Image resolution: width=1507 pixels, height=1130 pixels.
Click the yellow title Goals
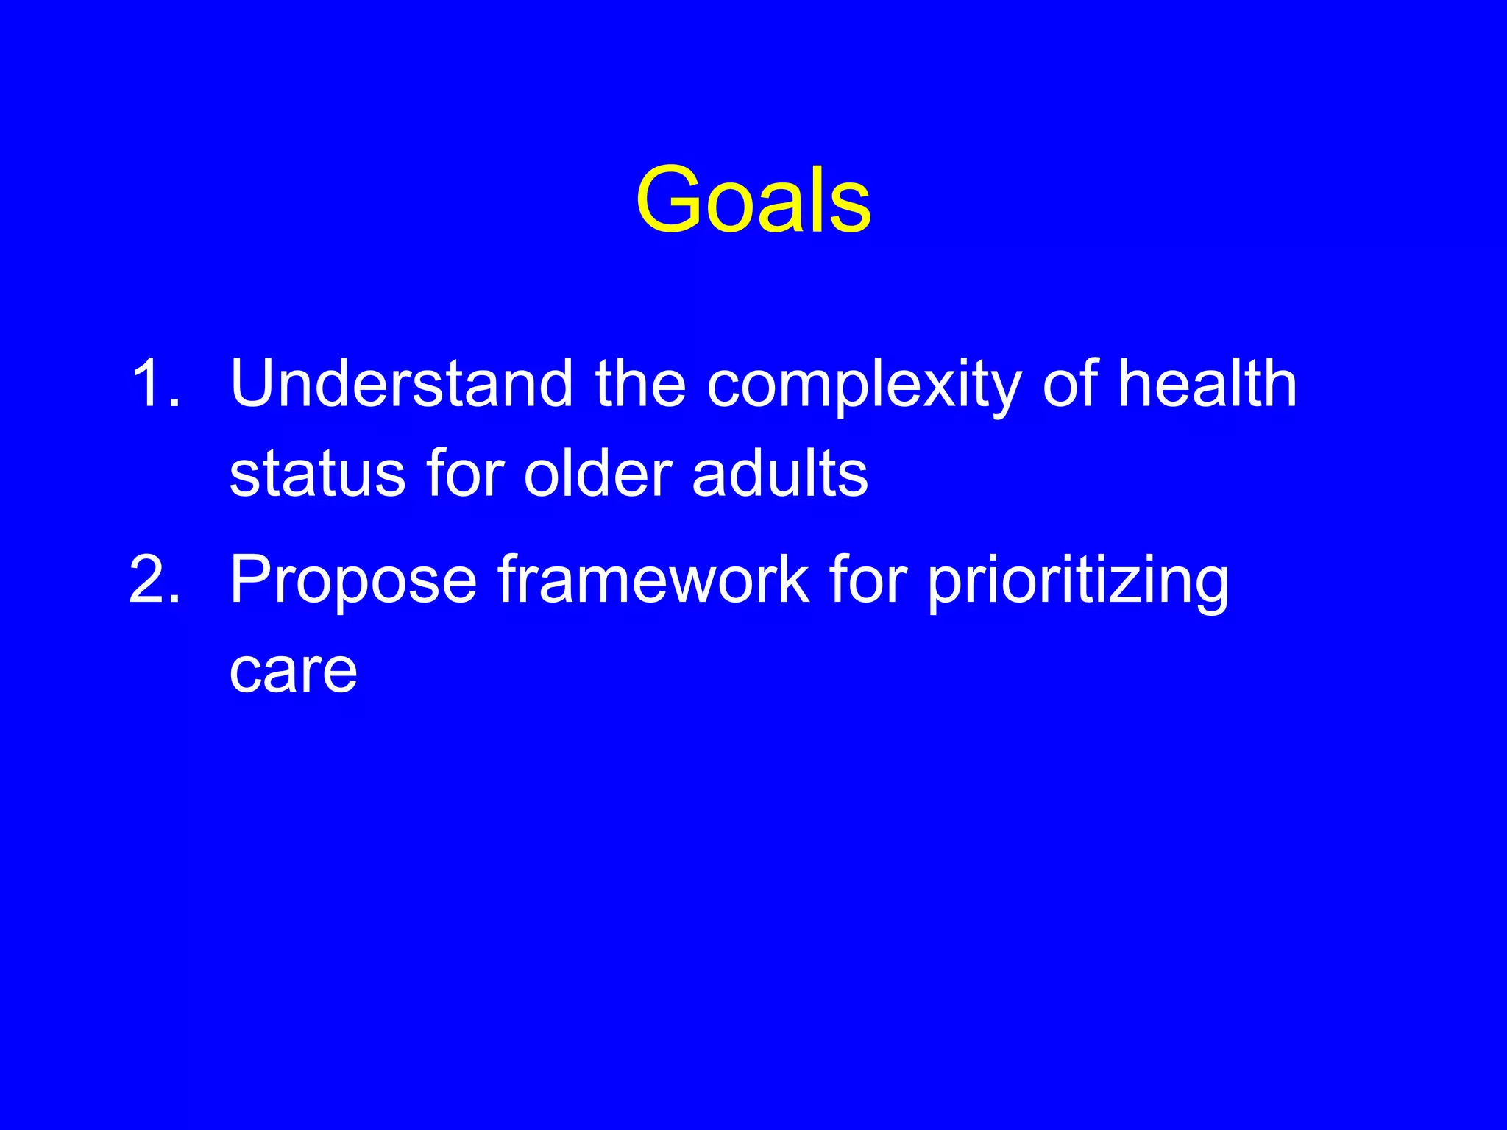tap(753, 200)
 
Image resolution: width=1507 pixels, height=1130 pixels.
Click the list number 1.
tap(155, 383)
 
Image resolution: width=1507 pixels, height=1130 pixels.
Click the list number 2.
tap(155, 580)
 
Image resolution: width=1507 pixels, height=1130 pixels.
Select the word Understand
tap(401, 383)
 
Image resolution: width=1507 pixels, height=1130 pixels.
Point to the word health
tap(1207, 383)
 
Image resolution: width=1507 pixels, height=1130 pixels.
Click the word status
tap(317, 475)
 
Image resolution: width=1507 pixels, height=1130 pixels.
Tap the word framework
tap(653, 580)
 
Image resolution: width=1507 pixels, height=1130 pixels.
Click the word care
tap(293, 671)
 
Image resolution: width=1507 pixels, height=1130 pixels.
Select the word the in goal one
tap(640, 383)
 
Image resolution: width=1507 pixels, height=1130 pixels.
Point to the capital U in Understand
tap(255, 383)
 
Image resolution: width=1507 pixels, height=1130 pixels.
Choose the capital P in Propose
tap(252, 580)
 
